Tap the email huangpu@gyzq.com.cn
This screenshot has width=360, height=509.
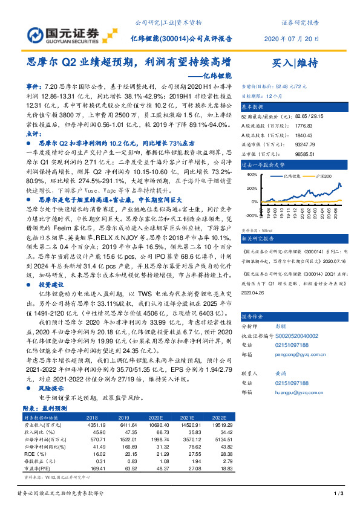(294, 384)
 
